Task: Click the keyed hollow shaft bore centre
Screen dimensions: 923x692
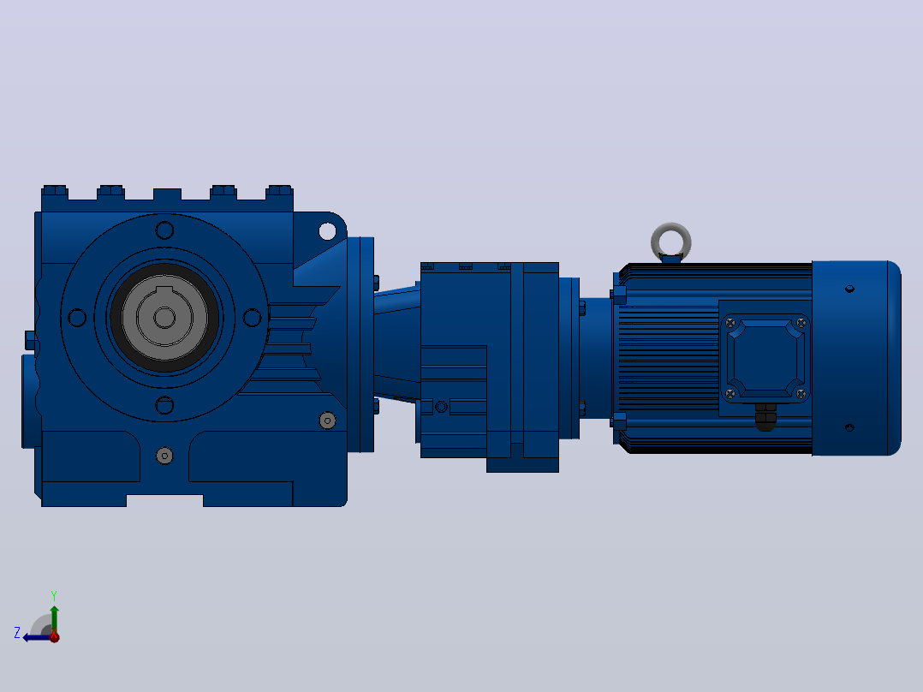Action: (x=164, y=318)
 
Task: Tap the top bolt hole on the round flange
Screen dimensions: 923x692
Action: (x=164, y=230)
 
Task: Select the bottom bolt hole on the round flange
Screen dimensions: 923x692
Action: (x=164, y=405)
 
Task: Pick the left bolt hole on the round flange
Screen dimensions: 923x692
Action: (x=77, y=318)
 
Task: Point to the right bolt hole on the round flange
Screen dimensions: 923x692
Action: (x=252, y=318)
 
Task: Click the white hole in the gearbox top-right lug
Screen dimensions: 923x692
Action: (x=327, y=231)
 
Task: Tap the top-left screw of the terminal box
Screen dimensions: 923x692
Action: (x=730, y=323)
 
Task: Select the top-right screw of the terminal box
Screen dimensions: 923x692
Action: (x=801, y=323)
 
